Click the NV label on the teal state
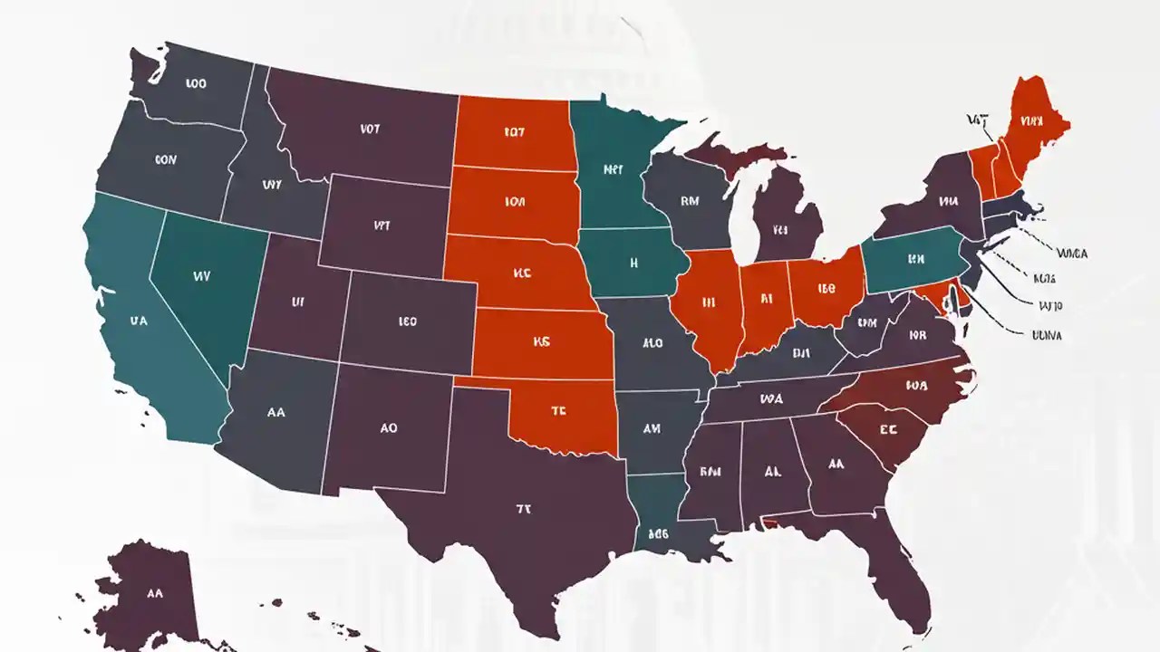point(201,277)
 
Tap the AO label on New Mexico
point(389,428)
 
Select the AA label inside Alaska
point(154,594)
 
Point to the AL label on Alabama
point(772,472)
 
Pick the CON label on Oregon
point(166,159)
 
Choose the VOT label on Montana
point(369,129)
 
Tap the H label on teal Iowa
point(634,264)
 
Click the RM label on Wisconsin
point(689,202)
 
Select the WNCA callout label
point(1071,254)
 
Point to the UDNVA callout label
point(1047,335)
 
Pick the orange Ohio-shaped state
point(826,289)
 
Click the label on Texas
point(523,510)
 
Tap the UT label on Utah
point(298,302)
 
